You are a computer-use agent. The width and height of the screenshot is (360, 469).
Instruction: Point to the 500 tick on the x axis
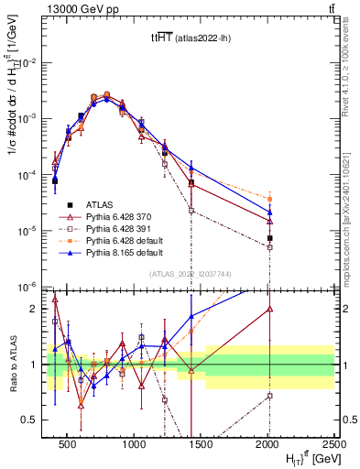click(67, 448)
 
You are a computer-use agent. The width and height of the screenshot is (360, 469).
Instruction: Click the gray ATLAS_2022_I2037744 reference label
click(190, 275)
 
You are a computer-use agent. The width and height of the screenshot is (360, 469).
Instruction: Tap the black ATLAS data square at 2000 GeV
click(269, 238)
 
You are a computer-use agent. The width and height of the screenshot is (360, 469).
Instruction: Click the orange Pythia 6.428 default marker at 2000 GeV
click(269, 199)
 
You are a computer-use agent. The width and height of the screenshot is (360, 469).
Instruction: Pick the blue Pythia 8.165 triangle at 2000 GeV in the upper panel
click(269, 213)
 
